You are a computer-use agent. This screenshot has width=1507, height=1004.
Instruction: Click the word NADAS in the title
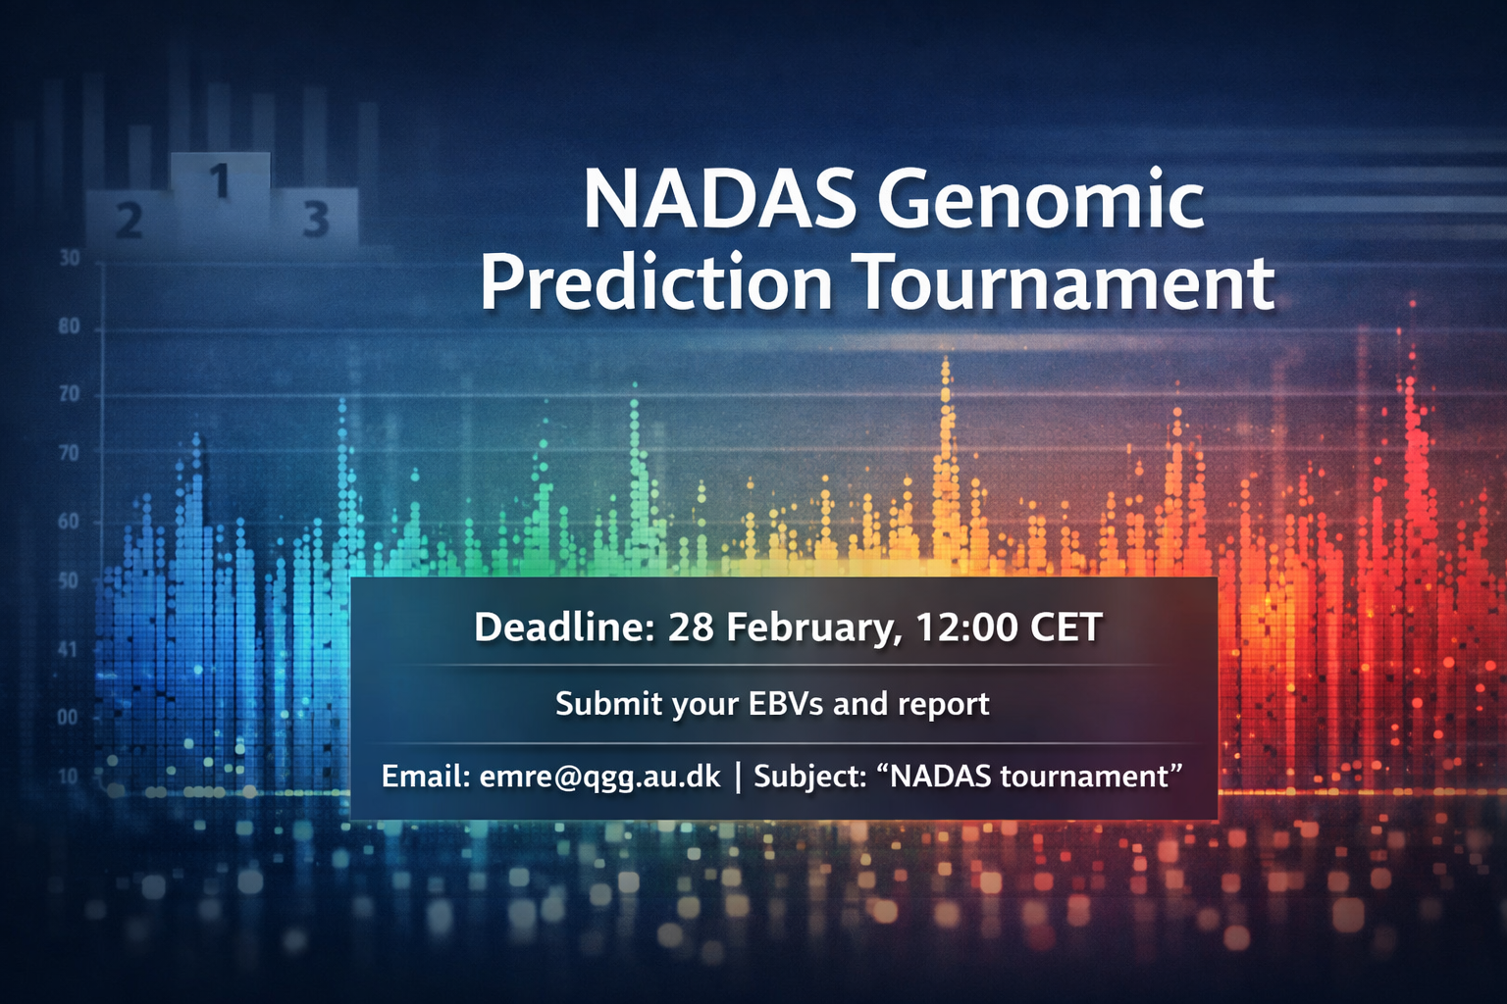coord(717,200)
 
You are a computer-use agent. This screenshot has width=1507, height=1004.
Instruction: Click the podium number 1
coord(220,180)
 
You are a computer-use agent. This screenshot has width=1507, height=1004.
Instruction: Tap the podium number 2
coord(130,220)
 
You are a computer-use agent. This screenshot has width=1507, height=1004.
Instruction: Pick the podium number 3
coord(316,219)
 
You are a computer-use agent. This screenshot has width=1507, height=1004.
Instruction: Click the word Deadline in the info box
coord(564,627)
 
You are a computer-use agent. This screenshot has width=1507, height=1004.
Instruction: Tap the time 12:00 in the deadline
coord(966,627)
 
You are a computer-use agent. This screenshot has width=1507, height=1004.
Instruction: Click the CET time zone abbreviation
coord(1066,627)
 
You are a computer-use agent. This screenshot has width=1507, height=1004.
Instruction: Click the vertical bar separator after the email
coord(738,778)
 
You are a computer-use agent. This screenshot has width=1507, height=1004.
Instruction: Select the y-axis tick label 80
coord(70,327)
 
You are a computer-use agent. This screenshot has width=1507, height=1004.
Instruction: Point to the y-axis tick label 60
coord(69,522)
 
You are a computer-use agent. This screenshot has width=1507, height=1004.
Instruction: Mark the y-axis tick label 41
coord(68,650)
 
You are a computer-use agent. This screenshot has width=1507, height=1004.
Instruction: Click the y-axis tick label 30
coord(70,258)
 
